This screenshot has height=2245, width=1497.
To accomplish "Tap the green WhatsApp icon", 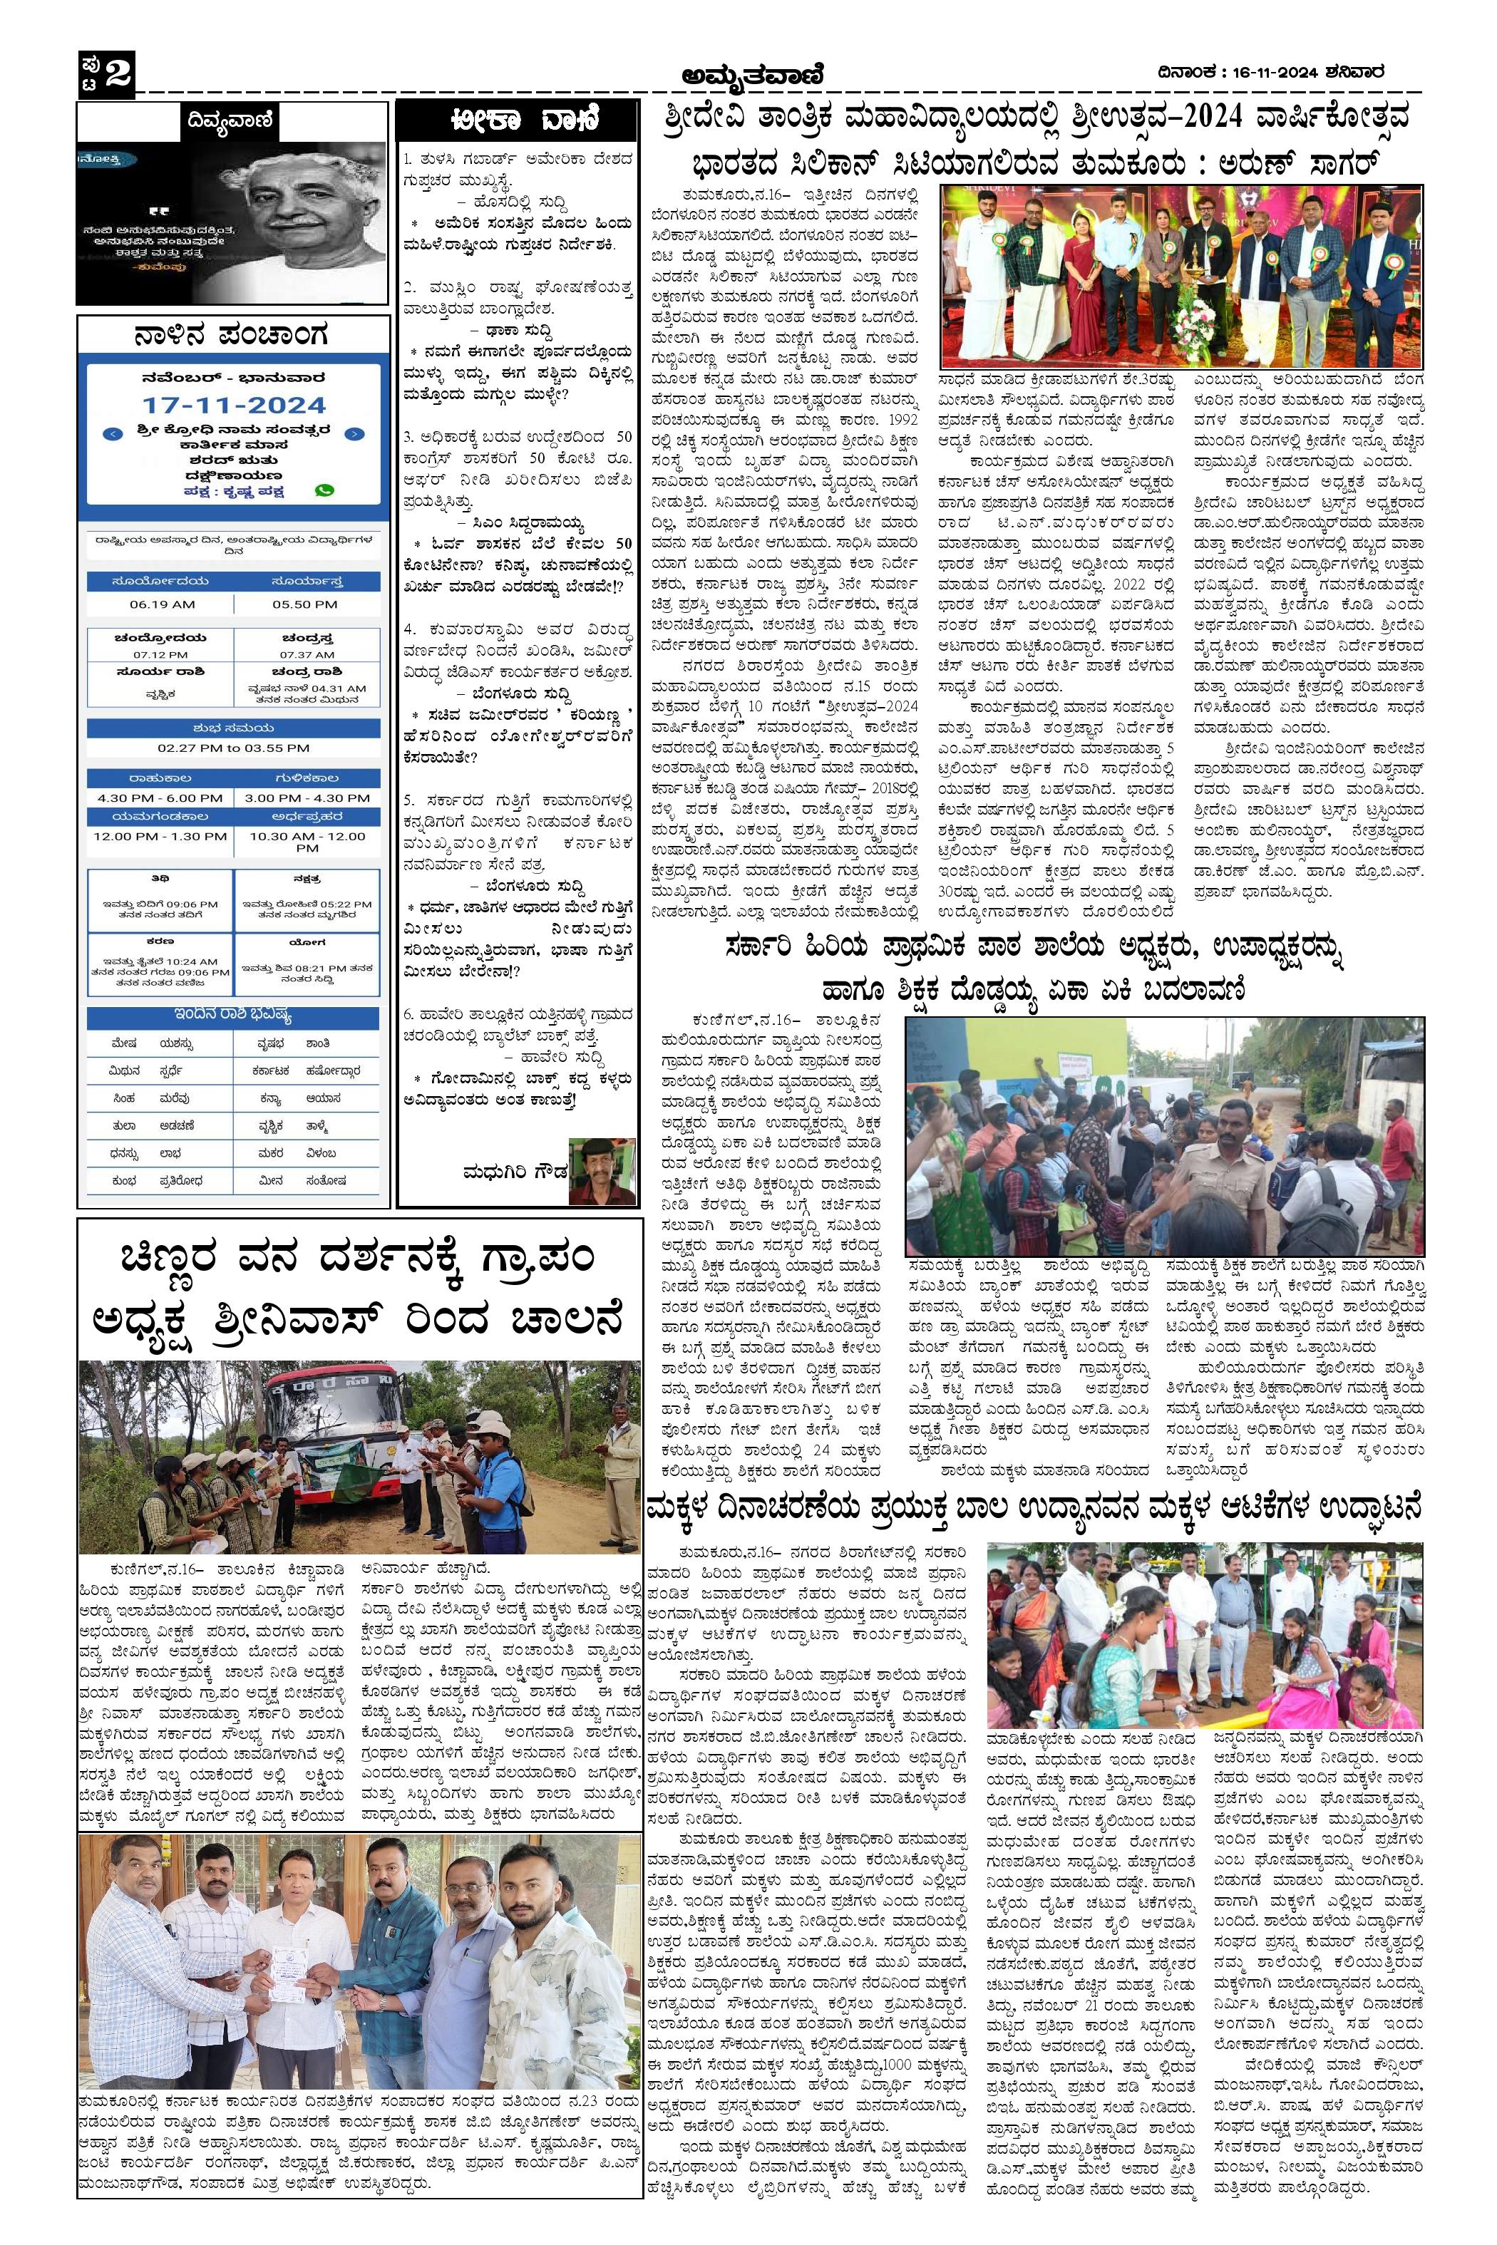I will (x=324, y=490).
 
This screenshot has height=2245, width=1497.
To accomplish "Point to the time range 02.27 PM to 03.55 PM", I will (x=233, y=748).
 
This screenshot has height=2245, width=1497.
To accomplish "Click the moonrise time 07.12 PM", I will (x=160, y=655).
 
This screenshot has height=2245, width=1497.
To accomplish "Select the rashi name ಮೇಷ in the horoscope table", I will (x=123, y=1043).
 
